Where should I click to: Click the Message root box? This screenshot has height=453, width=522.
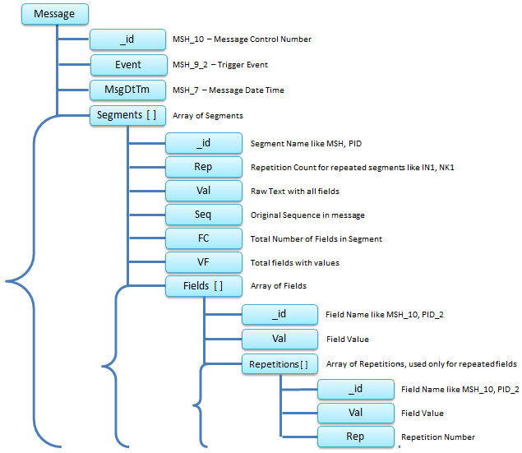click(53, 14)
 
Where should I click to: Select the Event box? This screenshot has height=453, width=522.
click(127, 65)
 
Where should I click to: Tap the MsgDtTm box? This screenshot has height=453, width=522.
click(127, 90)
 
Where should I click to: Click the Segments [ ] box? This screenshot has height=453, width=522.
click(127, 116)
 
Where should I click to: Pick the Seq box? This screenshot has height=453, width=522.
click(203, 215)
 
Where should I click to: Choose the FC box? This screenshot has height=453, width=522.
click(203, 238)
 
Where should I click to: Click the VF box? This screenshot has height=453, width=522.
click(203, 262)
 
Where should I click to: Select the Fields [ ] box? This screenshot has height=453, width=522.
click(203, 286)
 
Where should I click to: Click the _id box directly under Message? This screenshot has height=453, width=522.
click(127, 39)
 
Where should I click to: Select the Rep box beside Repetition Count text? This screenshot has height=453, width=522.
click(203, 167)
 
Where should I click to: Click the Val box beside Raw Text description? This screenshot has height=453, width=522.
click(203, 191)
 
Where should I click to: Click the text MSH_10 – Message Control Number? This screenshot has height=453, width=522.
click(242, 39)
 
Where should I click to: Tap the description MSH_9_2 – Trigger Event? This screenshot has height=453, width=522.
click(219, 65)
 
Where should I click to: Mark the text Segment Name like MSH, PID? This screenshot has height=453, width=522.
click(305, 143)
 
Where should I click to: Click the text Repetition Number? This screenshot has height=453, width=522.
click(437, 437)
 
